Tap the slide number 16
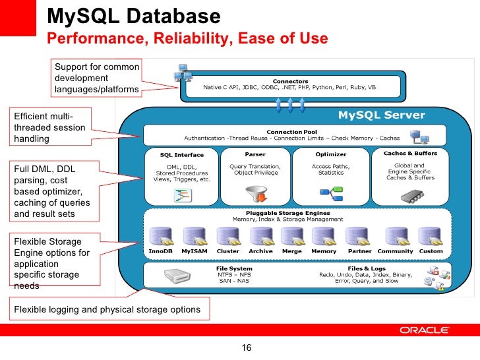[247, 348]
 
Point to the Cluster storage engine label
[227, 251]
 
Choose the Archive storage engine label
[260, 251]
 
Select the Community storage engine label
[396, 251]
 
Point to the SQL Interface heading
[181, 155]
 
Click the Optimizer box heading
[330, 154]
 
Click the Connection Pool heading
[287, 131]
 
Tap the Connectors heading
[290, 81]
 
